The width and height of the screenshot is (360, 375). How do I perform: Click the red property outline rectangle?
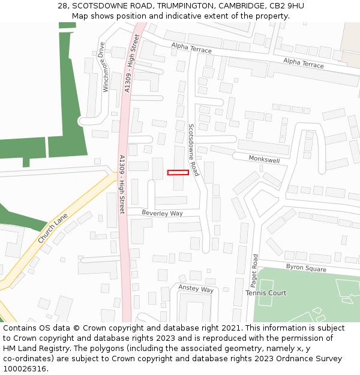[178, 173]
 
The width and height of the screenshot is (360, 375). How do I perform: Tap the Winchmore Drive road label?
[105, 67]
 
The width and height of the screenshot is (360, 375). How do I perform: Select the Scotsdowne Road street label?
[193, 154]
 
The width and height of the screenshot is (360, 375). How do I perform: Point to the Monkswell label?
[265, 160]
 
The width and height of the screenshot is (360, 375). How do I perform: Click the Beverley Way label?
[162, 213]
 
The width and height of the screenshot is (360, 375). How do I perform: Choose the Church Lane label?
[53, 230]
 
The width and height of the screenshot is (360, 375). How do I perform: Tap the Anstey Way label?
[196, 289]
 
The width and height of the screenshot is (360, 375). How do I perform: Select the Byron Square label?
[306, 268]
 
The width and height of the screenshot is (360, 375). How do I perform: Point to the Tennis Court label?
[266, 293]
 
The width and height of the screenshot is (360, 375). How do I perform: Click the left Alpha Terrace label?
[191, 49]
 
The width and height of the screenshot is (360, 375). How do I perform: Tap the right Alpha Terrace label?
[304, 64]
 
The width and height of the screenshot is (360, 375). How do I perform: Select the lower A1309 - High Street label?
[122, 184]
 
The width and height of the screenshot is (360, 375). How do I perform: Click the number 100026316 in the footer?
[25, 368]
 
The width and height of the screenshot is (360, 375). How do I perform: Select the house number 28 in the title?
[62, 6]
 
